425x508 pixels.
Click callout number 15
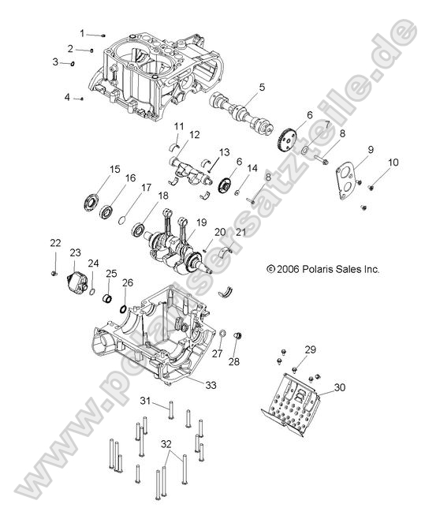114,169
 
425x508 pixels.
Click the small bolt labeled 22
54,271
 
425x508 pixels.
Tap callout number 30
339,387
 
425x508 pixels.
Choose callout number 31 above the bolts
145,402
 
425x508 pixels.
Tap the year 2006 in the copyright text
287,269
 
